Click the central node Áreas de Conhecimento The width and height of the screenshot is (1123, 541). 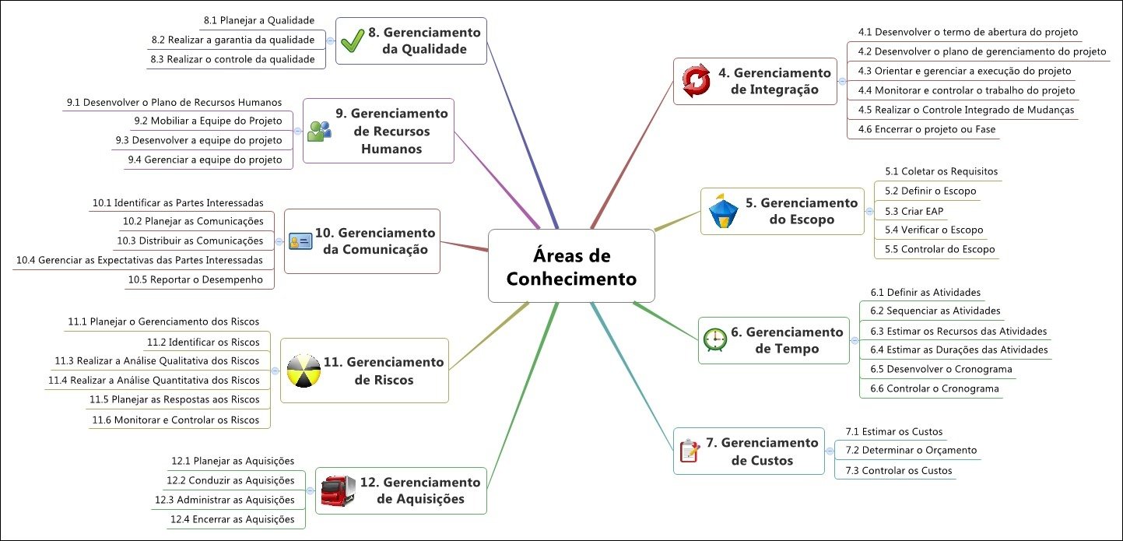(571, 266)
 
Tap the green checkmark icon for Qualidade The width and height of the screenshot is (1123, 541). (353, 40)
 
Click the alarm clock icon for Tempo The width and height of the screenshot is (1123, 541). (714, 340)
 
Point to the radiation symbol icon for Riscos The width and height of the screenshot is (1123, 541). (303, 371)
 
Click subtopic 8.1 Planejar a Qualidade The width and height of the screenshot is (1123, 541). (258, 20)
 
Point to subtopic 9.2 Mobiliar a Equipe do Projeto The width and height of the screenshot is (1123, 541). (208, 121)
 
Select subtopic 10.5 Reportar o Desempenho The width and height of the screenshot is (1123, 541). (195, 279)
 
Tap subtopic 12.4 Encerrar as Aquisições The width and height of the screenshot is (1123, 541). (232, 519)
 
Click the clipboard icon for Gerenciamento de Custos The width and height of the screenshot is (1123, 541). (689, 451)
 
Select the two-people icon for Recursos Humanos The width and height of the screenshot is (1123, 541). (319, 131)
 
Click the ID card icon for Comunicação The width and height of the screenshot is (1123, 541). (300, 241)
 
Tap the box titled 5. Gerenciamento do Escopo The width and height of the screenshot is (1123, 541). (781, 211)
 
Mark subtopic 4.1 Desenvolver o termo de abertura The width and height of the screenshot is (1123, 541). (967, 33)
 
